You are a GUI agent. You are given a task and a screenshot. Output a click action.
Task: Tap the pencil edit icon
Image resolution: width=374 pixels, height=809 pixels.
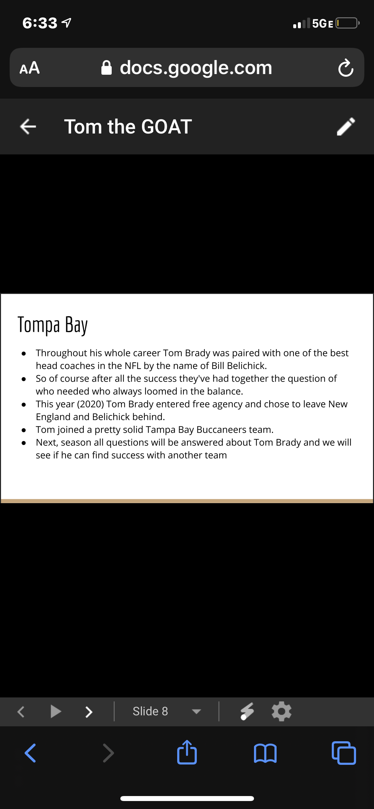click(346, 126)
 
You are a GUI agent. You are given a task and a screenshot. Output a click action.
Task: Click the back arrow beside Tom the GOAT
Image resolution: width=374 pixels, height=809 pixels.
click(28, 127)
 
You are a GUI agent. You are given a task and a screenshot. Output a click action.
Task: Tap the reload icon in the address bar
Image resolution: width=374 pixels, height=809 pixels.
click(346, 68)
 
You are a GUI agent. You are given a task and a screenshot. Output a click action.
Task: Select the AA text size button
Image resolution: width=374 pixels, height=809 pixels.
click(30, 68)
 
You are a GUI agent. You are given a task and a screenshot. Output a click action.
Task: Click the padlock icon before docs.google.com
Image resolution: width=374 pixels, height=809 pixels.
click(106, 68)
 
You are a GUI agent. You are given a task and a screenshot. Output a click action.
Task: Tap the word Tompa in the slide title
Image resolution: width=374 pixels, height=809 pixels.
click(39, 324)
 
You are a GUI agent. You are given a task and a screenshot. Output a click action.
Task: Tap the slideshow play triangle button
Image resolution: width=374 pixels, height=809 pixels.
click(56, 711)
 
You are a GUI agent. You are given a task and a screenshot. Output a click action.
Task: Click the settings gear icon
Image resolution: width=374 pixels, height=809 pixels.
click(282, 711)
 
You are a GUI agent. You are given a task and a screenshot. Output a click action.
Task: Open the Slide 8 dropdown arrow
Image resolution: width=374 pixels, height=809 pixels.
click(196, 712)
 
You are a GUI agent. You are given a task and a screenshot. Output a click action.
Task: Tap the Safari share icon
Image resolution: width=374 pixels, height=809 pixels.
click(187, 752)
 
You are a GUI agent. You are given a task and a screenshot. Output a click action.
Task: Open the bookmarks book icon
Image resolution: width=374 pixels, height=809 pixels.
click(265, 753)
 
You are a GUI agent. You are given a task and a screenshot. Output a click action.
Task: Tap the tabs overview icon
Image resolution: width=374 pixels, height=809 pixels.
click(344, 753)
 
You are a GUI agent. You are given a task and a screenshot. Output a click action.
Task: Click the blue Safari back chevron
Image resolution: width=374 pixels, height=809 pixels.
click(30, 753)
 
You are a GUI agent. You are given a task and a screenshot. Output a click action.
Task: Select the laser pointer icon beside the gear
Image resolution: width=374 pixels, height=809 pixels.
click(247, 711)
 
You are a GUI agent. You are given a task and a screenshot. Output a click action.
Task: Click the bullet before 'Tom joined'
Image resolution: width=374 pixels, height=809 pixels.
click(24, 430)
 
